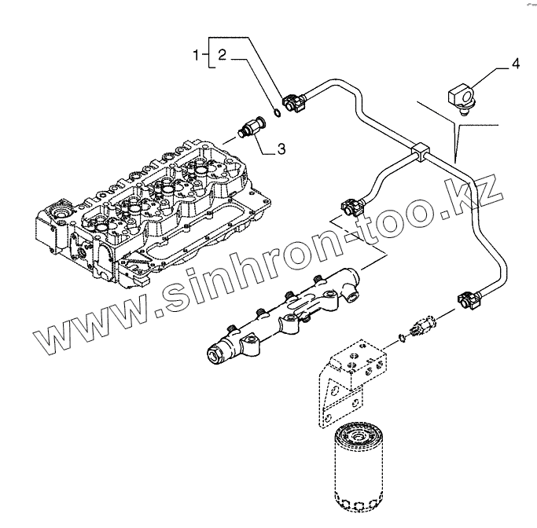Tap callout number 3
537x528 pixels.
[280, 146]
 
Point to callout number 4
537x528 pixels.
[515, 64]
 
